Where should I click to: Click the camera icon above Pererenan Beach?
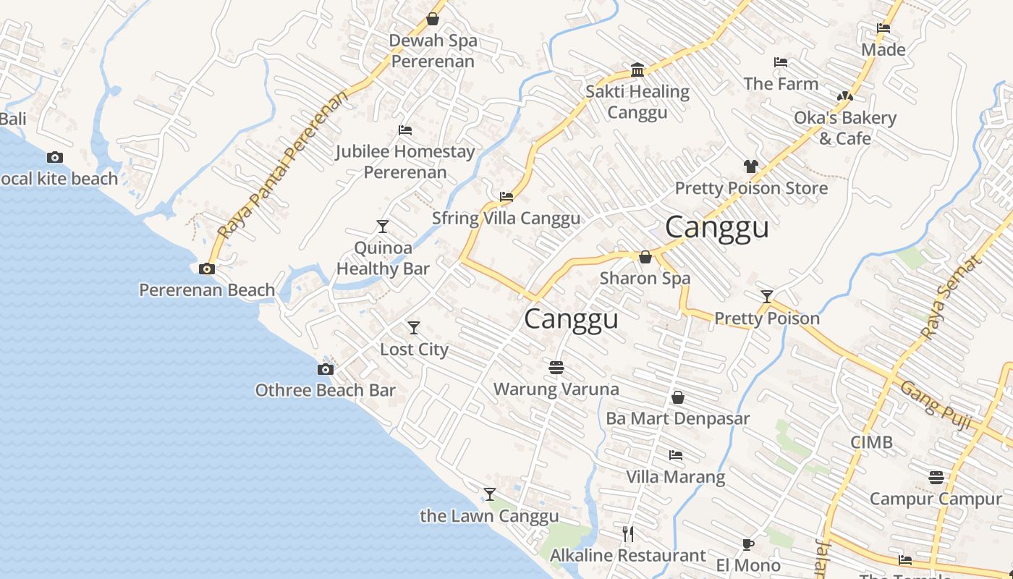tap(207, 269)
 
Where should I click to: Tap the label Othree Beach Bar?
tap(325, 390)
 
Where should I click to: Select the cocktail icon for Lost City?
tap(414, 328)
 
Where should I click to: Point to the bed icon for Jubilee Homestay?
tap(405, 130)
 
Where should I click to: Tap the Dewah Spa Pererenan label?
tap(433, 51)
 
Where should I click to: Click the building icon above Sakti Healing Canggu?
tap(637, 70)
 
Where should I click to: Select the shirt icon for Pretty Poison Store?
tap(750, 166)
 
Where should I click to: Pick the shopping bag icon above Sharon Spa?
tap(645, 257)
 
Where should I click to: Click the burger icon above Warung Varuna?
tap(556, 368)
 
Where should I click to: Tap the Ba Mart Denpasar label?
tap(677, 418)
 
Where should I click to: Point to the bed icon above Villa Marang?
tap(675, 455)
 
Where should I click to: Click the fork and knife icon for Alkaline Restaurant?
tap(628, 534)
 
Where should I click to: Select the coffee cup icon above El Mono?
tap(748, 544)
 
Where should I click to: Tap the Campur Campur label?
tap(935, 499)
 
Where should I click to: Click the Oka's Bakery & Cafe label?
tap(845, 127)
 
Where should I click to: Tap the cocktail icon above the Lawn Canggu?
tap(490, 494)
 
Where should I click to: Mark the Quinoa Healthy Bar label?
tap(383, 258)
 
